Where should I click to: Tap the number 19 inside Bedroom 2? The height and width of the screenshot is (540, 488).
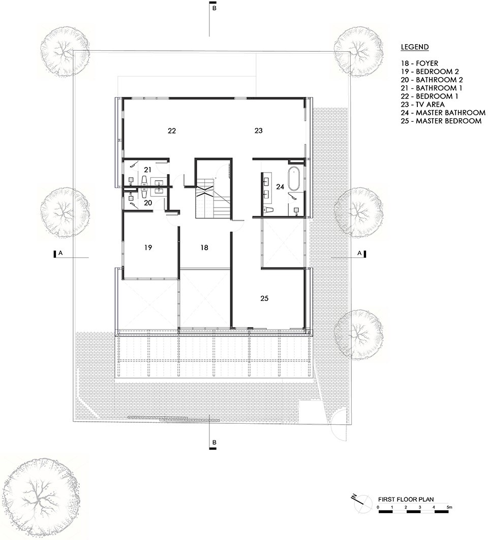[147, 248]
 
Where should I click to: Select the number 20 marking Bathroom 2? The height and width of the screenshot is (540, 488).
[147, 202]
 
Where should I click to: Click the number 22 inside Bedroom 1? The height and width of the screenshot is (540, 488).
[172, 131]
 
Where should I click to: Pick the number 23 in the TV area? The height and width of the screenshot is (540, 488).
[258, 131]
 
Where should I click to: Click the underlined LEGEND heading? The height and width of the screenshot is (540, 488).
[415, 47]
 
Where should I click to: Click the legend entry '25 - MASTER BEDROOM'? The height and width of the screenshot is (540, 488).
[441, 121]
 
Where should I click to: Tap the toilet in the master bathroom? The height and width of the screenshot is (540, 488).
[269, 210]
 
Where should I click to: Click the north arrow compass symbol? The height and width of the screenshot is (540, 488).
[360, 499]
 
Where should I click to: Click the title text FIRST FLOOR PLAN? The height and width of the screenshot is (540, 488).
[406, 499]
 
